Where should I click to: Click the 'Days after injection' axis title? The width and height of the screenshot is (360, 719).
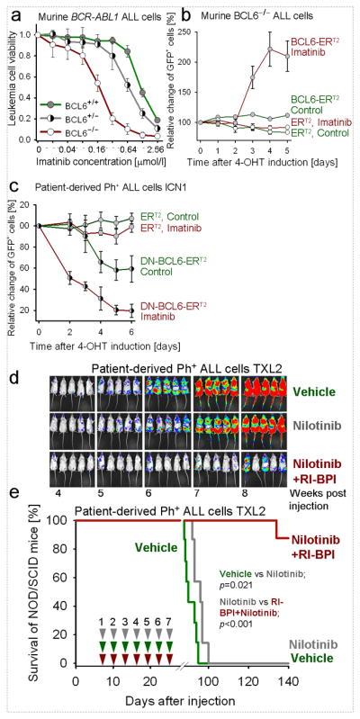tap(180, 698)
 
